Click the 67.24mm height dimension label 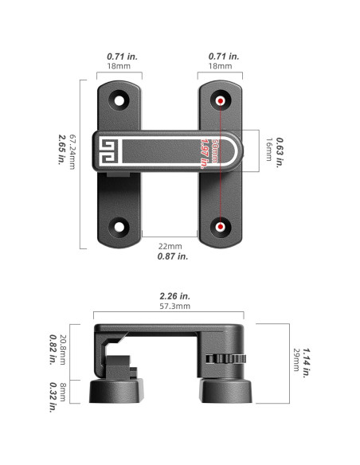tap(72, 152)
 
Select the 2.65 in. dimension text tap(61, 150)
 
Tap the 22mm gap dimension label tap(170, 246)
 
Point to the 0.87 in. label tap(173, 256)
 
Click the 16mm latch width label tap(269, 150)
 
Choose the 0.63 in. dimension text tap(280, 152)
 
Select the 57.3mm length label tap(175, 306)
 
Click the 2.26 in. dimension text tap(175, 296)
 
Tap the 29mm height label tap(296, 360)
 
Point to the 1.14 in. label tap(307, 363)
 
